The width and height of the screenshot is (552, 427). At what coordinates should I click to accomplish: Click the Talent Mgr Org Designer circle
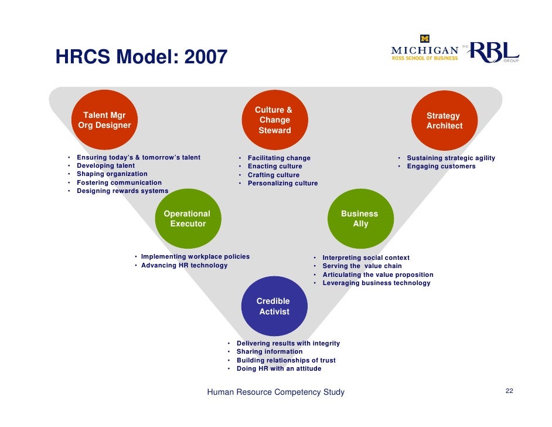pos(104,120)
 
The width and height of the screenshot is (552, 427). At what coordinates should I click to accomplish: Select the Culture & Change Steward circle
pos(274,120)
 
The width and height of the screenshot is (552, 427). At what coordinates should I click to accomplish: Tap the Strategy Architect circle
pos(444,121)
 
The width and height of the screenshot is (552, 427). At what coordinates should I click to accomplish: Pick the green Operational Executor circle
pos(187,219)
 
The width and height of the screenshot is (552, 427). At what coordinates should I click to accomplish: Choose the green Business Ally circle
pos(360,219)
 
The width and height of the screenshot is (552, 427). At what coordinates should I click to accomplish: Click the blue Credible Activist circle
pos(274,306)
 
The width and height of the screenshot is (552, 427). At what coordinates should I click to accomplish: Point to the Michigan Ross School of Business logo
pos(425,51)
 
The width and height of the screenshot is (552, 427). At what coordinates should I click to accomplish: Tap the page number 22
pos(509,391)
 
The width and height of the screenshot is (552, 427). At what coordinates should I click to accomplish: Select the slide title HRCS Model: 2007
pos(141,57)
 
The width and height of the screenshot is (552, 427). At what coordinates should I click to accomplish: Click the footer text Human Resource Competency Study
pos(276,392)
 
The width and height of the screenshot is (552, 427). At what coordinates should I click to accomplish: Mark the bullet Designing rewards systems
pos(122,191)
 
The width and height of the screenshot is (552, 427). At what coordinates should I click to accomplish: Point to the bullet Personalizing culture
pos(282,184)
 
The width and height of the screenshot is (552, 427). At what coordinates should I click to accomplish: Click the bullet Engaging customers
pos(441,167)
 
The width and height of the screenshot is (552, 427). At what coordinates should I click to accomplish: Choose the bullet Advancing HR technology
pos(184,265)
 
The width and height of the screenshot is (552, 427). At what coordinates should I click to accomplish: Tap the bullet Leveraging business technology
pos(376,283)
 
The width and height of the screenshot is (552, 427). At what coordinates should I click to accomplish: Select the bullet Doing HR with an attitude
pos(279,369)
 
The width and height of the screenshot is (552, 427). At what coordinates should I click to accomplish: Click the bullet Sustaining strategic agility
pos(451,158)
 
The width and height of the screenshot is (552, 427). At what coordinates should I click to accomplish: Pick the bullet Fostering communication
pos(119,182)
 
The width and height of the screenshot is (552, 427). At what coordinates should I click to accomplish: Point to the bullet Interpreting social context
pos(366,257)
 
